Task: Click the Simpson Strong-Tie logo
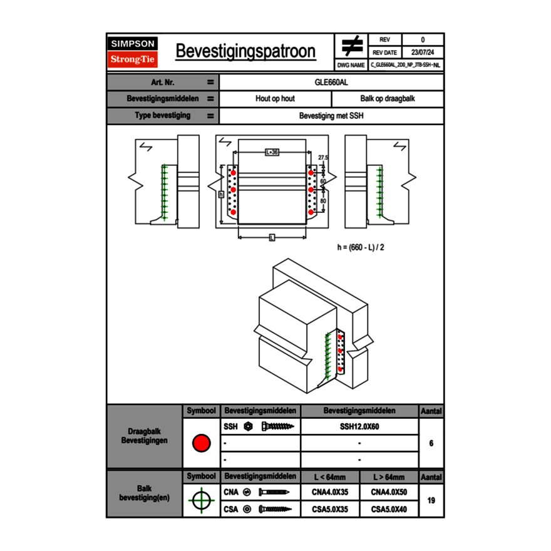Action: [x=133, y=52]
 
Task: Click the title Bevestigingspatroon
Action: [x=245, y=51]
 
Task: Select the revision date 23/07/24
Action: [x=423, y=52]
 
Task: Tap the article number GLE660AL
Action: [x=331, y=82]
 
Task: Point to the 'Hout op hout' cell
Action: [x=275, y=99]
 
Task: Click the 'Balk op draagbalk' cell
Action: [x=388, y=99]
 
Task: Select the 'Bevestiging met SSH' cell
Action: [x=331, y=116]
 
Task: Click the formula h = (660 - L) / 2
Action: [x=360, y=247]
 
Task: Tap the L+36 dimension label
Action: [x=272, y=152]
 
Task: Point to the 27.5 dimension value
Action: [x=323, y=157]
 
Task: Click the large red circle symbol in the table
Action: [x=201, y=443]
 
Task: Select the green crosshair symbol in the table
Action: [x=201, y=500]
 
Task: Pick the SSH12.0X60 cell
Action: [x=359, y=426]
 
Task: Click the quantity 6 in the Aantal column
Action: [x=431, y=443]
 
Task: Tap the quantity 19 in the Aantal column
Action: [x=431, y=500]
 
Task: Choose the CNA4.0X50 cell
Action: [x=389, y=493]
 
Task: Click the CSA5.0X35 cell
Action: [x=330, y=510]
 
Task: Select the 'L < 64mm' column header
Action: [x=330, y=477]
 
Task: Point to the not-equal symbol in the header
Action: [x=352, y=46]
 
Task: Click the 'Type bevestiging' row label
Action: [x=162, y=116]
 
